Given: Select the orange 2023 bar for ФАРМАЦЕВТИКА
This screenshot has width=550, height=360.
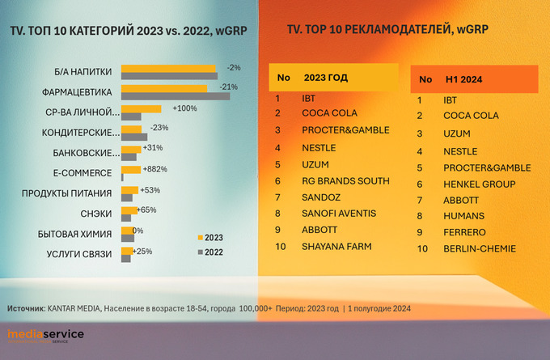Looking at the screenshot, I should tap(163, 87).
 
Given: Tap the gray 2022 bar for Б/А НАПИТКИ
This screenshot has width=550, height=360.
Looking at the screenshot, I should tap(169, 75).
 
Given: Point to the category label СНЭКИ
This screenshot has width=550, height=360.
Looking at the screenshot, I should tap(97, 214).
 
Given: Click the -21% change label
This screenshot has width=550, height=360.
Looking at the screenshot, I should tap(229, 87).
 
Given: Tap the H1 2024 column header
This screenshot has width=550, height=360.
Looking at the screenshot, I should tap(463, 80).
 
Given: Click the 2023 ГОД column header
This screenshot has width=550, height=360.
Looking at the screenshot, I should tap(326, 78).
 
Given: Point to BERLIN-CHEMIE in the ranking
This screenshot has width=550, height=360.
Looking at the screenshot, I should tap(479, 248).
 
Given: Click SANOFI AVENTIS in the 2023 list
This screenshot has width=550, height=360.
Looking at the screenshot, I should tap(338, 213).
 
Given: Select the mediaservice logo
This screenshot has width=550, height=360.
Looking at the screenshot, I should tap(45, 335).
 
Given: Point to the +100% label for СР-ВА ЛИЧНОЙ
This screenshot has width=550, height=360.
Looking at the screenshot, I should tap(184, 108).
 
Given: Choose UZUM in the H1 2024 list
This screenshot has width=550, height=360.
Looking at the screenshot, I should tap(456, 133).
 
